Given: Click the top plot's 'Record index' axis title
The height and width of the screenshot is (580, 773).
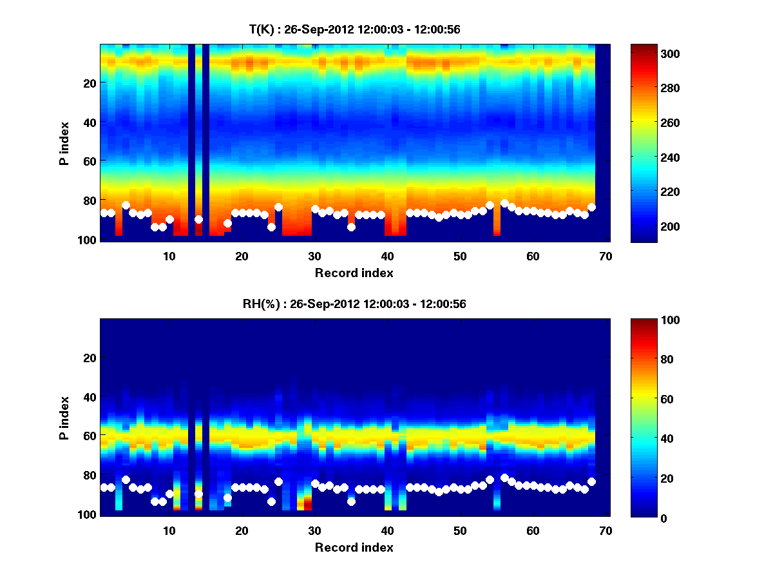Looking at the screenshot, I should (354, 273).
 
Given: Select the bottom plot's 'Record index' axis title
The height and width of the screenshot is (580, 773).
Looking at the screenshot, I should (354, 548).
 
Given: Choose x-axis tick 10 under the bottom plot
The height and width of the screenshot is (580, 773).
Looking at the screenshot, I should (169, 530).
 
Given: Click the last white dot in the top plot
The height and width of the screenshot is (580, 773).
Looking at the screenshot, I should (591, 207).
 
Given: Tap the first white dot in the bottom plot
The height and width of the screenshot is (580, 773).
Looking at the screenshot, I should (104, 487).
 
